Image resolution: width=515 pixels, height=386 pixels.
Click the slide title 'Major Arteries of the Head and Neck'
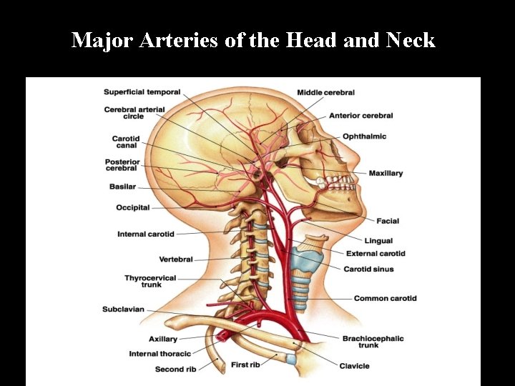[x=253, y=40]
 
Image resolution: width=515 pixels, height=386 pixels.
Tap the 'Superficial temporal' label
[x=142, y=92]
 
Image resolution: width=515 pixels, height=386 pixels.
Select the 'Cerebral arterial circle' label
[x=134, y=113]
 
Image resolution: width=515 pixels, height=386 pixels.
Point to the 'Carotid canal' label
[x=125, y=142]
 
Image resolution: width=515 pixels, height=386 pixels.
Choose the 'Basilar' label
[x=122, y=187]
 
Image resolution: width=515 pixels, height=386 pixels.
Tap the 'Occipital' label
[x=133, y=208]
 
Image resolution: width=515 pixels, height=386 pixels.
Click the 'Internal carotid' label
[x=145, y=234]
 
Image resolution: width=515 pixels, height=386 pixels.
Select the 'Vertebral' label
[x=175, y=259]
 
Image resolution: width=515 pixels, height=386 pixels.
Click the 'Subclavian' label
[x=123, y=310]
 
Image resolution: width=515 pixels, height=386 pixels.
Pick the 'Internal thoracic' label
[x=160, y=354]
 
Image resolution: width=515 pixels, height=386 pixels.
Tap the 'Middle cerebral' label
[x=325, y=93]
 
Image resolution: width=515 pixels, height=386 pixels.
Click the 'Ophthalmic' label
[x=364, y=136]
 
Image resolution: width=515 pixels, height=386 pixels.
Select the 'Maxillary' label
[x=386, y=173]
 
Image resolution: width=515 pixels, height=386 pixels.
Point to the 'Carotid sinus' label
[x=368, y=269]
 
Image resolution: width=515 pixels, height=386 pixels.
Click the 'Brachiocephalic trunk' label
[x=373, y=342]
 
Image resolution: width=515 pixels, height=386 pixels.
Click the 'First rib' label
[x=245, y=365]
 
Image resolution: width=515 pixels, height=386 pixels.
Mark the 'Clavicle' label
[x=354, y=366]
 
